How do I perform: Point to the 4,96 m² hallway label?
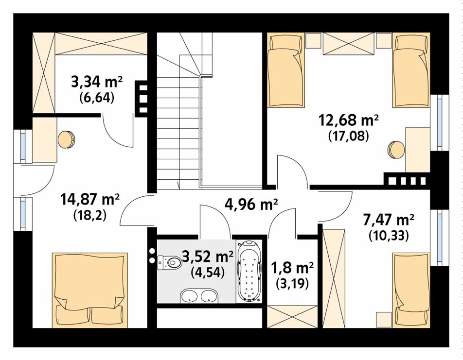[x=251, y=204]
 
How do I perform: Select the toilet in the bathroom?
[x=169, y=262]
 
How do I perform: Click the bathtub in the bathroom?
[x=249, y=272]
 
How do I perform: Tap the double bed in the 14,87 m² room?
[x=90, y=290]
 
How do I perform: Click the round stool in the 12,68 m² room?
[x=396, y=150]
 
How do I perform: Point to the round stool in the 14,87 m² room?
[x=67, y=139]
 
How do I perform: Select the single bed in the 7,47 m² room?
[x=411, y=290]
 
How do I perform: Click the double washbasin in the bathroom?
[x=199, y=295]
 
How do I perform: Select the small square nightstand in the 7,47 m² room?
[x=384, y=320]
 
